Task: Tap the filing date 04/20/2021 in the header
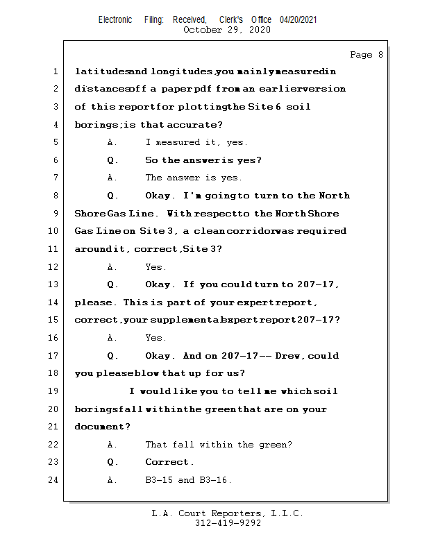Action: (x=298, y=19)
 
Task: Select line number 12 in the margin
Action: (x=54, y=267)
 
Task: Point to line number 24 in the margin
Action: (x=54, y=480)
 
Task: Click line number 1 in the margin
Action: (x=55, y=71)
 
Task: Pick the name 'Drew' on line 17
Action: (x=288, y=356)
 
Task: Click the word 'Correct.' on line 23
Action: (x=170, y=462)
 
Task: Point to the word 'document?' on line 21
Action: (x=102, y=427)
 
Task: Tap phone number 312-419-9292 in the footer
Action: (x=228, y=523)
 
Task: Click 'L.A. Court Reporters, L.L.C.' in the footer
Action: (x=228, y=513)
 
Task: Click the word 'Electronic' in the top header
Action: (x=115, y=19)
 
